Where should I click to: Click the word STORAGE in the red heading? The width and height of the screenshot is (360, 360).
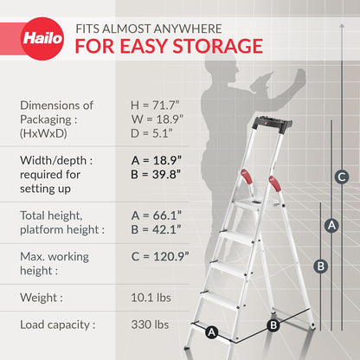point(215,45)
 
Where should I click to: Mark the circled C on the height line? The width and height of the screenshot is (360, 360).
point(342,177)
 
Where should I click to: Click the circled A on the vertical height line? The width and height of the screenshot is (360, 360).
point(330,224)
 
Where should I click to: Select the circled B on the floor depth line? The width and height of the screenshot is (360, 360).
point(273,325)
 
